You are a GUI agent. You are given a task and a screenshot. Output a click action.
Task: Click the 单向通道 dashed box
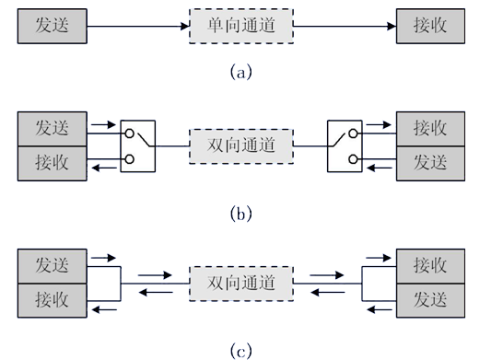tap(241, 26)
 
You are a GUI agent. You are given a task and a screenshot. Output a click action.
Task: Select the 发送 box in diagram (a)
tap(53, 26)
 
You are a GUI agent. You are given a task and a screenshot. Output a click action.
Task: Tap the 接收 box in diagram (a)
tap(430, 26)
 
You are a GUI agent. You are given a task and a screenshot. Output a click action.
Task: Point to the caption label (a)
tap(241, 72)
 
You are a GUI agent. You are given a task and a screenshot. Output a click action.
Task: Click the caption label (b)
tap(241, 214)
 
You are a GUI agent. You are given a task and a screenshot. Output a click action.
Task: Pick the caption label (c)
tap(241, 351)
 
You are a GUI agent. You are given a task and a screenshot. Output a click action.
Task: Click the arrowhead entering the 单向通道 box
tap(185, 26)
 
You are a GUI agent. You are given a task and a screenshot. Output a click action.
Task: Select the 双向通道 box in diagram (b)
tap(241, 146)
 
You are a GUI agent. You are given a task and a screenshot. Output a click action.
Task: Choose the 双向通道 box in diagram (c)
tap(241, 284)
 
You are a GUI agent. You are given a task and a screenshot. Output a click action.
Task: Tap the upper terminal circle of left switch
tap(130, 134)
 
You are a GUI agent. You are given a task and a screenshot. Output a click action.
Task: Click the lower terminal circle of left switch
tap(130, 159)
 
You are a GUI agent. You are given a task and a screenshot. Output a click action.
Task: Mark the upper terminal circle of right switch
tap(353, 134)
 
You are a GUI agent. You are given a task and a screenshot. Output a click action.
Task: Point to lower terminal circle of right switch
tap(353, 159)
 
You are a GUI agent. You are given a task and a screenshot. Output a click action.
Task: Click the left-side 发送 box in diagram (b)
tap(53, 129)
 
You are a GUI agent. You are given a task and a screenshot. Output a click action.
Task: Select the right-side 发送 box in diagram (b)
tap(430, 164)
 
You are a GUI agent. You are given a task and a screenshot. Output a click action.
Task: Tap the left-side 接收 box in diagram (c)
tap(53, 300)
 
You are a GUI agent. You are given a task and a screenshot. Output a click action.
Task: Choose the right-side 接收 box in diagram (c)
tap(430, 266)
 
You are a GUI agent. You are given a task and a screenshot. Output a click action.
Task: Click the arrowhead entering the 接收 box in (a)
tap(392, 26)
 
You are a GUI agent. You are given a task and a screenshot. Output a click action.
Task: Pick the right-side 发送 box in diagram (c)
tap(430, 300)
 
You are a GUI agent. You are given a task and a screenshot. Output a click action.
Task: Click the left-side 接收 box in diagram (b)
tap(53, 164)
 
